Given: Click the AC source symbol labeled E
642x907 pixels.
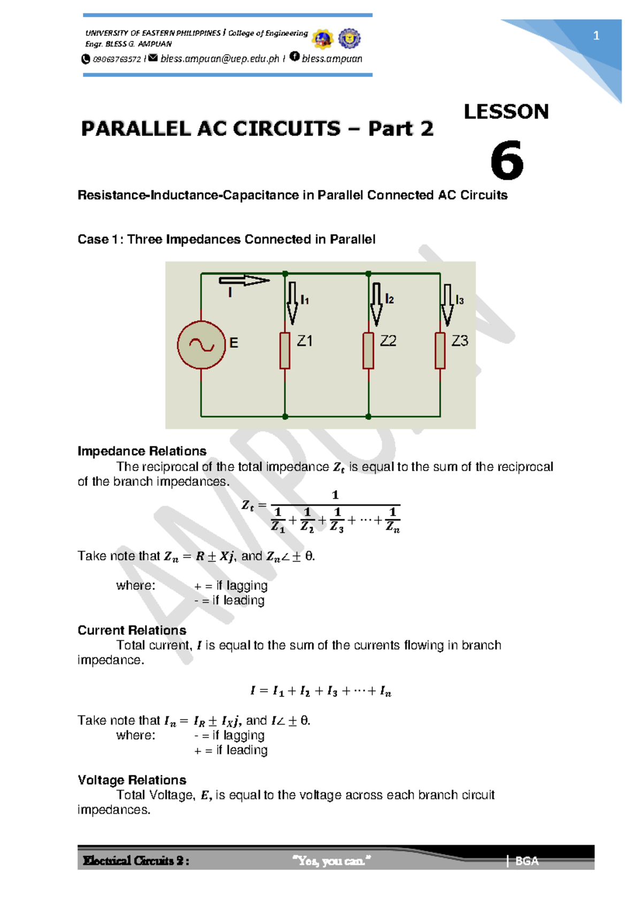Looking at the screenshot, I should pyautogui.click(x=201, y=345).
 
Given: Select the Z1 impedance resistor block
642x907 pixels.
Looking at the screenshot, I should pyautogui.click(x=285, y=350).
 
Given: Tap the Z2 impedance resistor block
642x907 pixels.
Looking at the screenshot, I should pyautogui.click(x=368, y=350).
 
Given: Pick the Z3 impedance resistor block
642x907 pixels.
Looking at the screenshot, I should pyautogui.click(x=440, y=350).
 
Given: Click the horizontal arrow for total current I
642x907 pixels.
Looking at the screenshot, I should pyautogui.click(x=244, y=280).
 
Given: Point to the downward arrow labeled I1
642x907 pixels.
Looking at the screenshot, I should pyautogui.click(x=292, y=303).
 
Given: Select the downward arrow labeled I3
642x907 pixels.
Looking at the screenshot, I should pyautogui.click(x=447, y=305).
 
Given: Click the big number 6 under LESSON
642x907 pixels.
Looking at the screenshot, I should pyautogui.click(x=506, y=160).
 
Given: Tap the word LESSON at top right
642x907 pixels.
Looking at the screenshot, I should pyautogui.click(x=506, y=112).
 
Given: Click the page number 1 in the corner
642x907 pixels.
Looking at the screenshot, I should pyautogui.click(x=596, y=36).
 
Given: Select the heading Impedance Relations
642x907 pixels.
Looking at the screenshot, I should pyautogui.click(x=142, y=451).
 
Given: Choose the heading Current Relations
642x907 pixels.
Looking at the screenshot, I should pyautogui.click(x=132, y=630).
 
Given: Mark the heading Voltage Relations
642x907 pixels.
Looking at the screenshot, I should pyautogui.click(x=132, y=780).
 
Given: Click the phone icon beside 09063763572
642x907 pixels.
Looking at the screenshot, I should pyautogui.click(x=86, y=59).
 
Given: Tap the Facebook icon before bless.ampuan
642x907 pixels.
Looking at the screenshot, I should pyautogui.click(x=294, y=56).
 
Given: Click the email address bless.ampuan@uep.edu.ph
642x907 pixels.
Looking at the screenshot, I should pyautogui.click(x=219, y=59).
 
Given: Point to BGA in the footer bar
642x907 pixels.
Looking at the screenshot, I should pyautogui.click(x=526, y=861).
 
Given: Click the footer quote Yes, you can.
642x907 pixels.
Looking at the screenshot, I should pyautogui.click(x=332, y=861).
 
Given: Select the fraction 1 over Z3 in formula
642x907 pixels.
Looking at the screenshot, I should pyautogui.click(x=337, y=520).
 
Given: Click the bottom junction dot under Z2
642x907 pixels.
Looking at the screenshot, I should pyautogui.click(x=368, y=416).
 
